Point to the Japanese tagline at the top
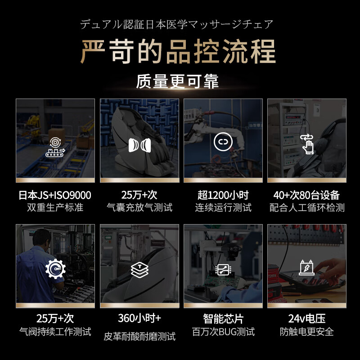point(177,24)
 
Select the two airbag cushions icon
point(139,145)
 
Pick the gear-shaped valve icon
point(55,270)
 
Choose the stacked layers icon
point(139,269)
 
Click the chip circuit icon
point(222,270)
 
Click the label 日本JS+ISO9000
point(55,195)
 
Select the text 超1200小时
point(223,195)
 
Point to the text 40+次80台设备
point(306,195)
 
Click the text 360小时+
point(139,318)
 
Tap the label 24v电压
point(306,319)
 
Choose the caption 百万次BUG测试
point(223,332)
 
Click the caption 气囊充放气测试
point(139,208)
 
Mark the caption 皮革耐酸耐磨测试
point(139,336)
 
